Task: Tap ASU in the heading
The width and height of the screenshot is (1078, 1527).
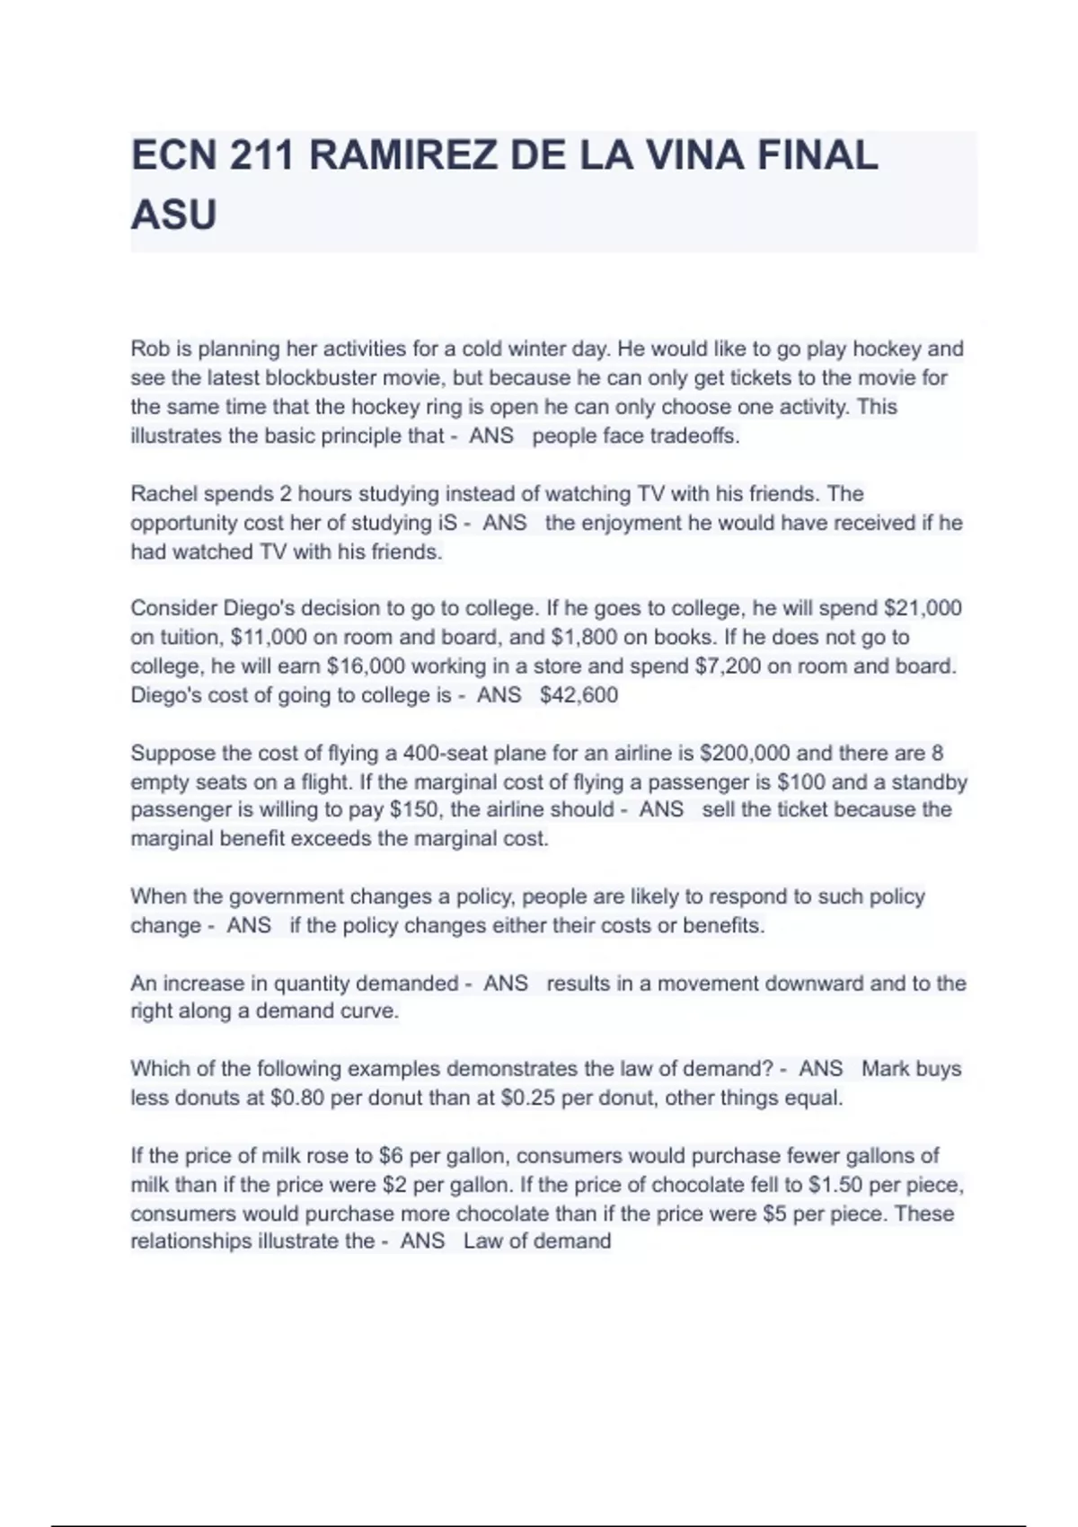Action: [173, 216]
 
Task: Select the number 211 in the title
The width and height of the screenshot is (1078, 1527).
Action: [261, 156]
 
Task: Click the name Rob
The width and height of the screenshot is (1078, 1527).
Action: [149, 349]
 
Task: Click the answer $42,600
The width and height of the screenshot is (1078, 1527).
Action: [579, 695]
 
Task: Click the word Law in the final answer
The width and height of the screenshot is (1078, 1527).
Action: [482, 1241]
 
